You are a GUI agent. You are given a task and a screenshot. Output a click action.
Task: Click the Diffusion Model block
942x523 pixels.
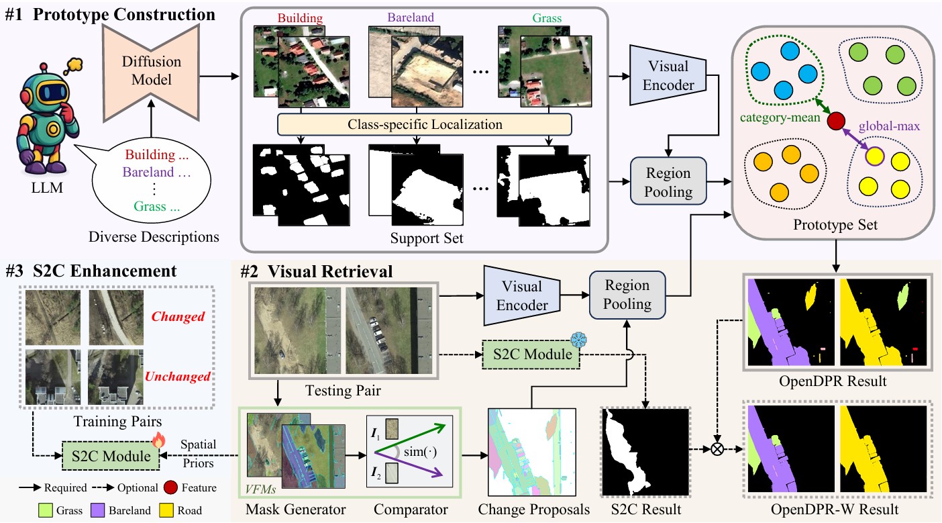(x=151, y=70)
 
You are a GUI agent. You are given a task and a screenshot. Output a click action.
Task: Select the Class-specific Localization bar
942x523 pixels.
(x=424, y=124)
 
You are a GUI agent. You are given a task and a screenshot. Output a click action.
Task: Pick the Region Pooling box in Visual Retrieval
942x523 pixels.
(x=627, y=295)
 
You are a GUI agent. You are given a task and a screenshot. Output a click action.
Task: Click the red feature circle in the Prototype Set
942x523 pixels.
(x=835, y=122)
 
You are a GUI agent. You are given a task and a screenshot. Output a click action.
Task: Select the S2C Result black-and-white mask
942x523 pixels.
(x=646, y=451)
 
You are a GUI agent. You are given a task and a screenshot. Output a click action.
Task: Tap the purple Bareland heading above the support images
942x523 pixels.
(x=411, y=18)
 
